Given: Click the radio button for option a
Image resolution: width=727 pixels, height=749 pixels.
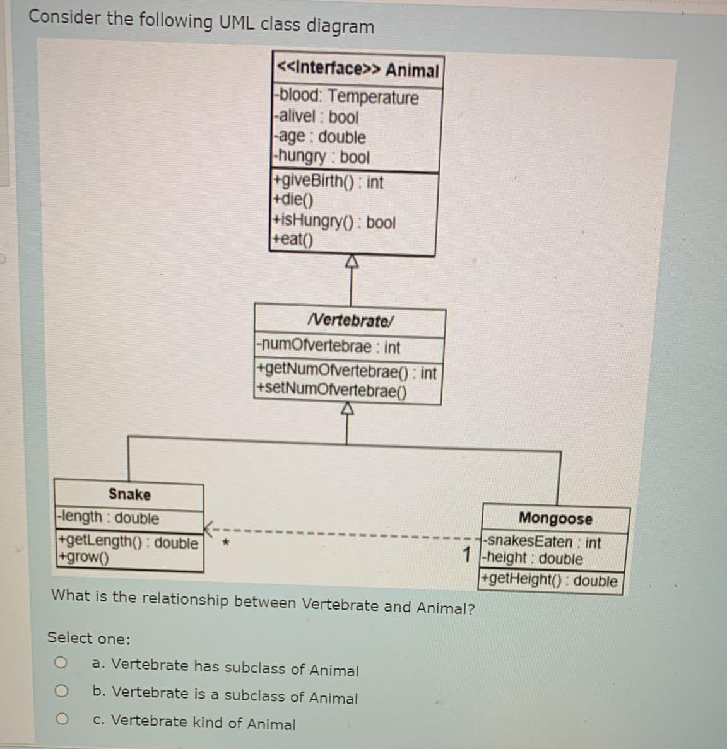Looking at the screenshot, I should tap(60, 663).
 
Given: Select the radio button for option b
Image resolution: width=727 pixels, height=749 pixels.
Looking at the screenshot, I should tap(61, 691).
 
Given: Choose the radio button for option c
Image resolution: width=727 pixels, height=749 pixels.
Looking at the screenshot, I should tap(61, 719).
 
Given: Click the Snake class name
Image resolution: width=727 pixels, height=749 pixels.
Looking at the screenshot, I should tap(129, 494).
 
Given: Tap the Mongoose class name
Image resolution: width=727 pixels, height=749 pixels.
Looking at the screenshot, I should tap(555, 518).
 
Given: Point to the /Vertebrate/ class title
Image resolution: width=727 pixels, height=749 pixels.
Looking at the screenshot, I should tap(350, 320).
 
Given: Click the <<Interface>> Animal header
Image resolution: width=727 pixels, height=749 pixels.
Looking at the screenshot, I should tap(357, 69).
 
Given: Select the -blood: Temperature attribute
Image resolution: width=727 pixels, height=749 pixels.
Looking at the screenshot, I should tap(348, 97).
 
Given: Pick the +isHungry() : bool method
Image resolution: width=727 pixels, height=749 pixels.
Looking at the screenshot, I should tap(333, 222).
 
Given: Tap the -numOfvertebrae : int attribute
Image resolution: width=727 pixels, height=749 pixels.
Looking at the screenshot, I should tap(328, 347).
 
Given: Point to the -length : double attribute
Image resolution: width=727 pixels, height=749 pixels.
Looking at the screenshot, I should tap(108, 518).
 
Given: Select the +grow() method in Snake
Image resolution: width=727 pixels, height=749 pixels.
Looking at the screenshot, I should tap(83, 557).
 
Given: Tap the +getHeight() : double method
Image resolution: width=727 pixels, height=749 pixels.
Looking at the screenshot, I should tap(549, 580).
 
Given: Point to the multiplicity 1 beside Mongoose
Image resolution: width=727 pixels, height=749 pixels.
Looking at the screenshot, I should tap(467, 554).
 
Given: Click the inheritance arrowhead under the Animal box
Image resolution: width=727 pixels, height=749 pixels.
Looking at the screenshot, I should tap(351, 262).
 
